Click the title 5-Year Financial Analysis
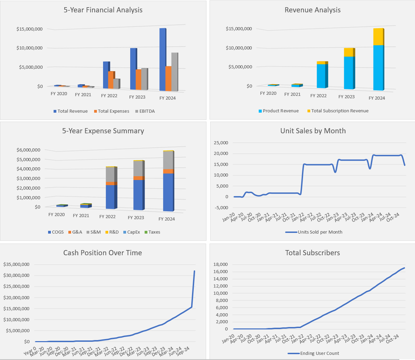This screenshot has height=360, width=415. point(103,10)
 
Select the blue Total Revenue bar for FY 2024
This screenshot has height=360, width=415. point(162,60)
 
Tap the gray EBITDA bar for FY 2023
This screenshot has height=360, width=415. point(144,79)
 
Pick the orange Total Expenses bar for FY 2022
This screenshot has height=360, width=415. point(111,80)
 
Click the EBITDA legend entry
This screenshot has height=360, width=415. point(147,111)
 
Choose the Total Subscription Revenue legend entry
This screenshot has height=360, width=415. point(339,111)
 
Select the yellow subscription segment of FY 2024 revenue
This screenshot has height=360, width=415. point(378,37)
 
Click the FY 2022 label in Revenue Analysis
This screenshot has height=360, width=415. point(318,96)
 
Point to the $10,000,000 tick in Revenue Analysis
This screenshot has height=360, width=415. point(239,48)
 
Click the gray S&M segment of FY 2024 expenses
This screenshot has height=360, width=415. point(168,160)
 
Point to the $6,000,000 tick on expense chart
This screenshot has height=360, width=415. point(28,150)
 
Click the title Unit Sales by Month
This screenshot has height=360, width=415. point(313,131)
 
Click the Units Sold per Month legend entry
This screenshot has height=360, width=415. point(319,232)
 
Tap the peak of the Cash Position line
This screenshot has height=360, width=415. point(194,271)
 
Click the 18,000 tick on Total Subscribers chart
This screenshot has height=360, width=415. point(221,264)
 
